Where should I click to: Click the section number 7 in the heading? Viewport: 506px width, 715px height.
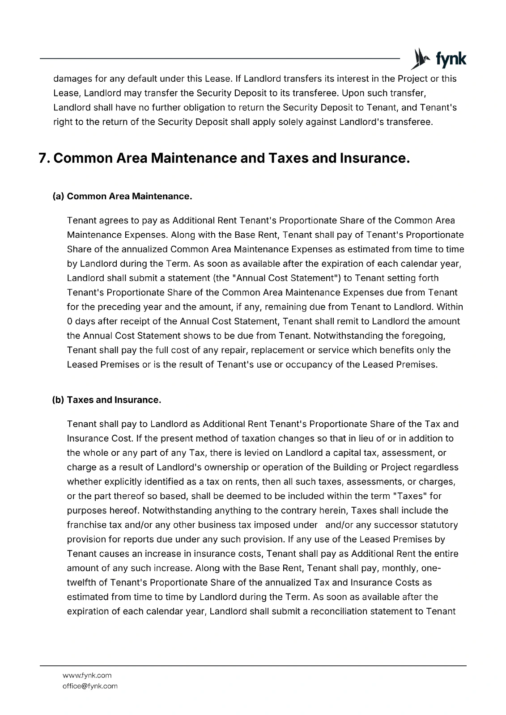click(43, 159)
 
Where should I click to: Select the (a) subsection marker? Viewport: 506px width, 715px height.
click(58, 196)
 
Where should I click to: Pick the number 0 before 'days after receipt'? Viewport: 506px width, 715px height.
click(69, 321)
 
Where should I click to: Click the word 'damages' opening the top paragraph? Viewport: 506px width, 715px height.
click(72, 79)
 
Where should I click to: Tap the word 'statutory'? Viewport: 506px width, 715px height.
click(439, 525)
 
